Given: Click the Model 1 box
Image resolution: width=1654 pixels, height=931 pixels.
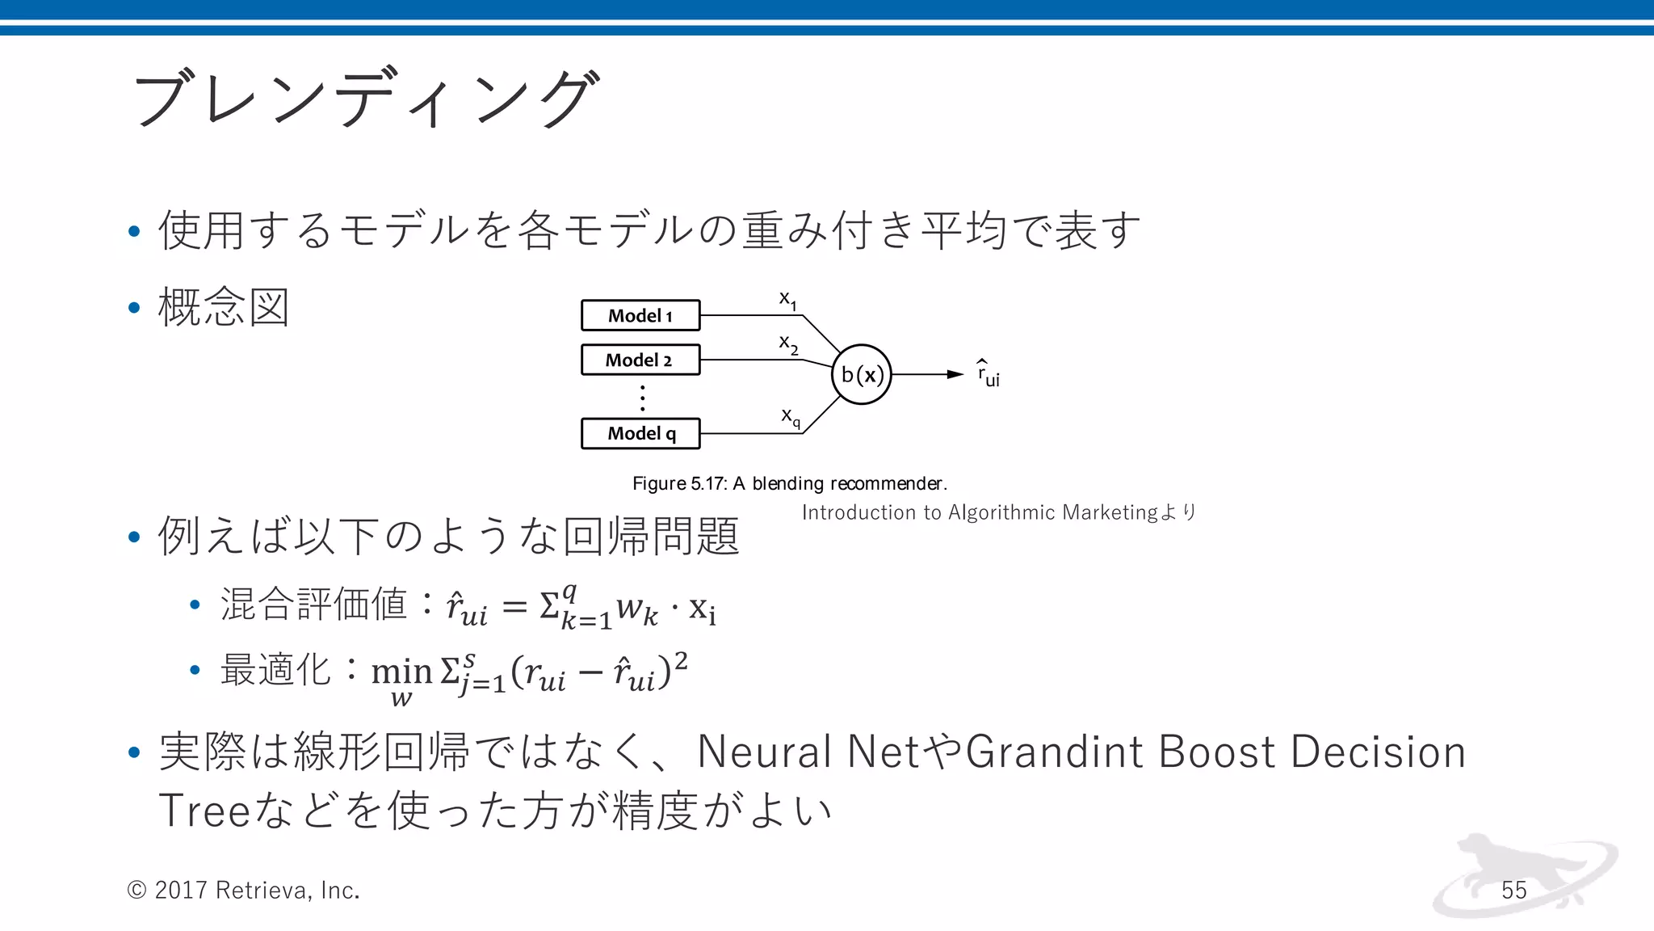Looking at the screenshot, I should pyautogui.click(x=640, y=315).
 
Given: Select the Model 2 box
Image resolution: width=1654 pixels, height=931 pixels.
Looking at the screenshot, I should pyautogui.click(x=640, y=360).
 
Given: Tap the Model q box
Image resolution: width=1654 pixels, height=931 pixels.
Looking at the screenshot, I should pyautogui.click(x=640, y=433).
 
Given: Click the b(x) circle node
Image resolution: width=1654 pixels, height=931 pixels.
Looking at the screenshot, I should pyautogui.click(x=862, y=374).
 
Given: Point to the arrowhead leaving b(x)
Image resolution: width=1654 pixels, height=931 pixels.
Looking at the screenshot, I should pyautogui.click(x=955, y=374).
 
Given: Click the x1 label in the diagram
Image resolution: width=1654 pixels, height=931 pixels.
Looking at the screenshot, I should pyautogui.click(x=787, y=300).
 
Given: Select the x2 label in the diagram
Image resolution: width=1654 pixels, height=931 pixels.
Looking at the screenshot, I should pyautogui.click(x=788, y=344).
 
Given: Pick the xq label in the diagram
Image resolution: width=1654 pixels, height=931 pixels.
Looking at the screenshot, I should pyautogui.click(x=790, y=417).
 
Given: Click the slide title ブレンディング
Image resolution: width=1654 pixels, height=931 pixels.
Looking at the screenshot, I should pyautogui.click(x=366, y=99).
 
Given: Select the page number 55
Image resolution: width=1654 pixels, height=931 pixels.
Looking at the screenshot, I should pyautogui.click(x=1514, y=890).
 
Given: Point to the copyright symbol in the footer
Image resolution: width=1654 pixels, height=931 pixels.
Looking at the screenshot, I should pyautogui.click(x=136, y=890).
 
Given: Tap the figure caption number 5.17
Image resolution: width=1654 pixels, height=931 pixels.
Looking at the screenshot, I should pyautogui.click(x=708, y=483).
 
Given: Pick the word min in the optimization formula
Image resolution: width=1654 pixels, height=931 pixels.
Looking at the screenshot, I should pyautogui.click(x=401, y=671).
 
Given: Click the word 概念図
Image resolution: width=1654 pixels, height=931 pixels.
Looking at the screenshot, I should pyautogui.click(x=224, y=307).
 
